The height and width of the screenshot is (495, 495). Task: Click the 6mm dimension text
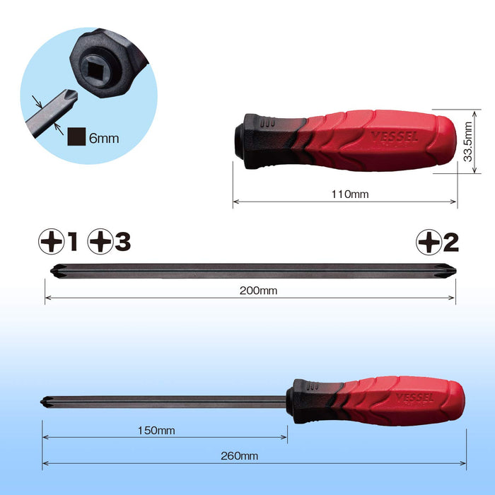click(x=104, y=139)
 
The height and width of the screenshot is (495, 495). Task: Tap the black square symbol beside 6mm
click(x=76, y=136)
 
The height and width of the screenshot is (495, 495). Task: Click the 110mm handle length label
click(x=350, y=194)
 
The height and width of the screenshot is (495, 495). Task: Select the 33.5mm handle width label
click(x=467, y=141)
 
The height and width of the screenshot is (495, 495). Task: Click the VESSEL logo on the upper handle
click(x=395, y=137)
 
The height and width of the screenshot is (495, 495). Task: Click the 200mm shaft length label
click(x=258, y=291)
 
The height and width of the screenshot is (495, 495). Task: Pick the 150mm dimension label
click(x=156, y=430)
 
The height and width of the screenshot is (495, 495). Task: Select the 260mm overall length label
click(x=239, y=456)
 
